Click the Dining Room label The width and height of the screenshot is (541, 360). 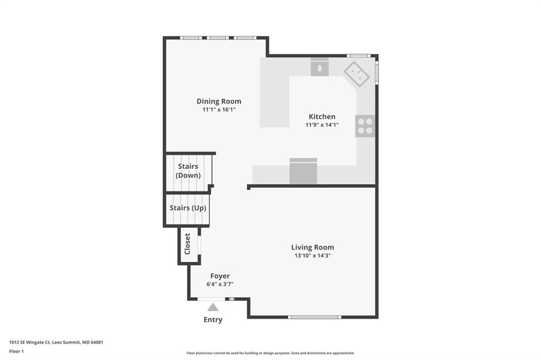219,101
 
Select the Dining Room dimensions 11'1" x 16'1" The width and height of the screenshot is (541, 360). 219,110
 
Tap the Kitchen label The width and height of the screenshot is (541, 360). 322,117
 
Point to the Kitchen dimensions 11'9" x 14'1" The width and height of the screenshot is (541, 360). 322,125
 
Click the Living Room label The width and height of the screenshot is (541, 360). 313,247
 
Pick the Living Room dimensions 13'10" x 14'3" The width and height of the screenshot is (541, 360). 313,255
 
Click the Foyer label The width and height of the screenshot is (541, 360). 220,276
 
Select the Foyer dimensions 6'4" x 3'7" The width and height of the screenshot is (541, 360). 220,284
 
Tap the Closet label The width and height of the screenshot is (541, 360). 188,244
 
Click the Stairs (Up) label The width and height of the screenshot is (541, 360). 188,208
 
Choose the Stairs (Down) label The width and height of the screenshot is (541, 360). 188,170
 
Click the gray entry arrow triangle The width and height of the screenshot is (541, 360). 213,307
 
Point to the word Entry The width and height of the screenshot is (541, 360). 213,320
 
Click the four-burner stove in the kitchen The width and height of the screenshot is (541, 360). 366,126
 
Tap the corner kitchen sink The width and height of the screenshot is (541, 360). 357,74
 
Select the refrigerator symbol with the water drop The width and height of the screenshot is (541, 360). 320,67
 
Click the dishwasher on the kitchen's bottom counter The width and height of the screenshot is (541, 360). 303,171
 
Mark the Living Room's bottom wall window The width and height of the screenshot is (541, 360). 315,317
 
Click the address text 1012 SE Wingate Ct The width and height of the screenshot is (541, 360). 30,343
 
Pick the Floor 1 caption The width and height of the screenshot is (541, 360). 16,352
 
